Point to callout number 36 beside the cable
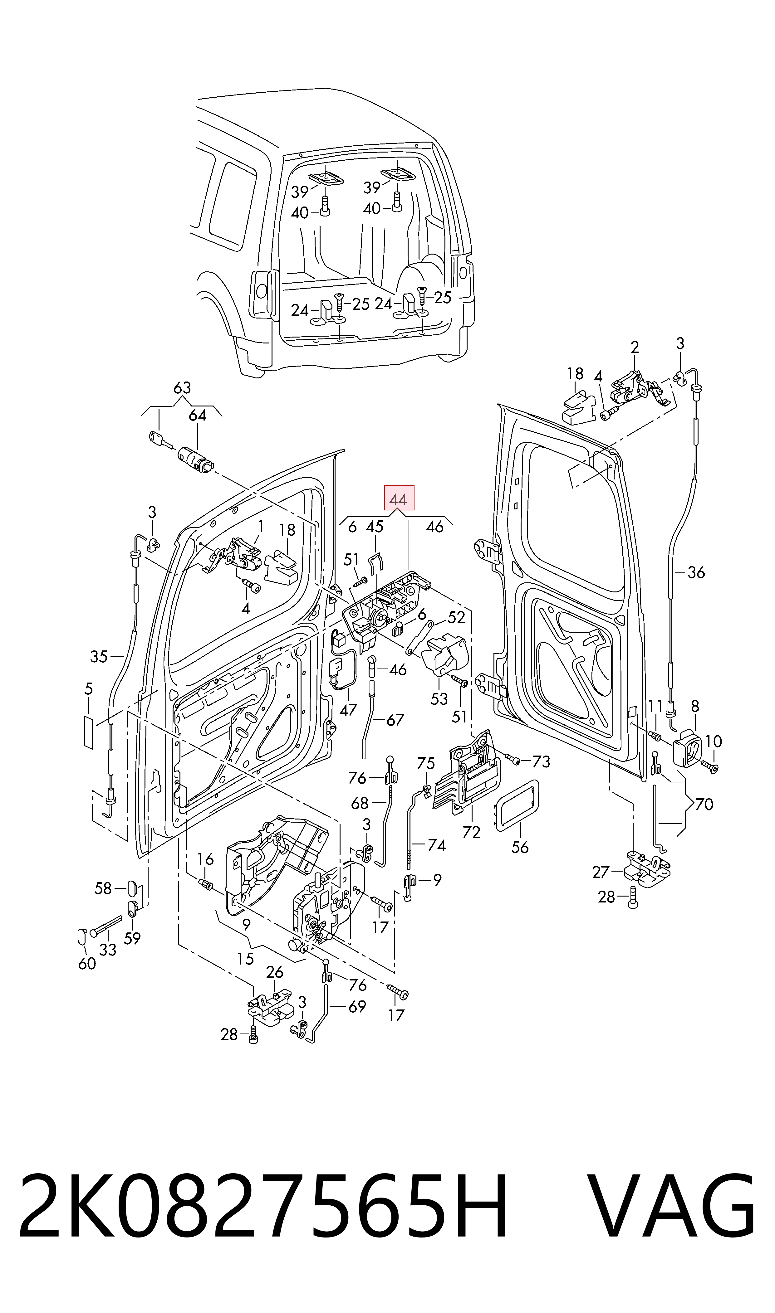696,572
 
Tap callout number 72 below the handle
471,832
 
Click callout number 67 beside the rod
395,720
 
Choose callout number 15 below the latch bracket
245,959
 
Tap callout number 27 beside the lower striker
601,872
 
